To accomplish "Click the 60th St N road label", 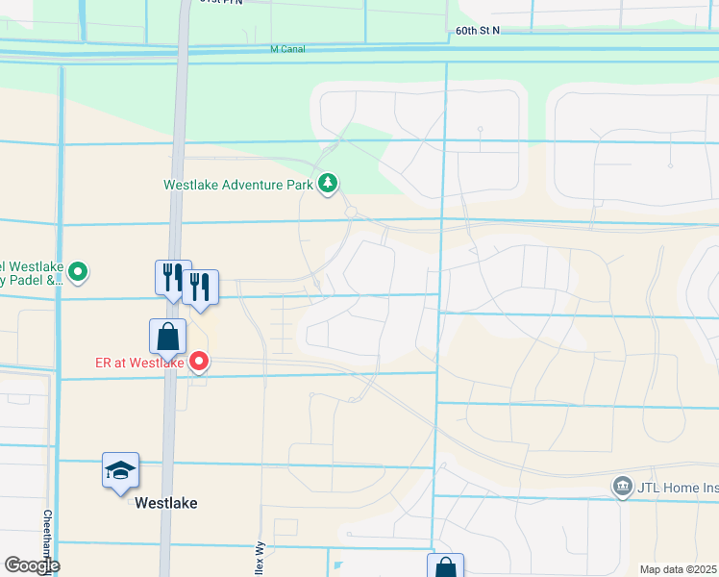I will [x=478, y=31].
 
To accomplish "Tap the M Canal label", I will [x=287, y=49].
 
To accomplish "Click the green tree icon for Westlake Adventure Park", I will [x=329, y=182].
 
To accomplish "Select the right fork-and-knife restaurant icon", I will [x=200, y=288].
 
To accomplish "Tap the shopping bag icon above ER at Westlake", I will [x=167, y=337].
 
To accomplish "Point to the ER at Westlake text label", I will [x=139, y=363].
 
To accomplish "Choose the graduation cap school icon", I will [x=121, y=470].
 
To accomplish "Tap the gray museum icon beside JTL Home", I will [x=623, y=488].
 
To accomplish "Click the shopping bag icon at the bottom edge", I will [x=445, y=567].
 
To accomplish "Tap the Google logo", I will [x=31, y=565].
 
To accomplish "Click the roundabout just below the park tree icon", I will [x=351, y=212].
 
